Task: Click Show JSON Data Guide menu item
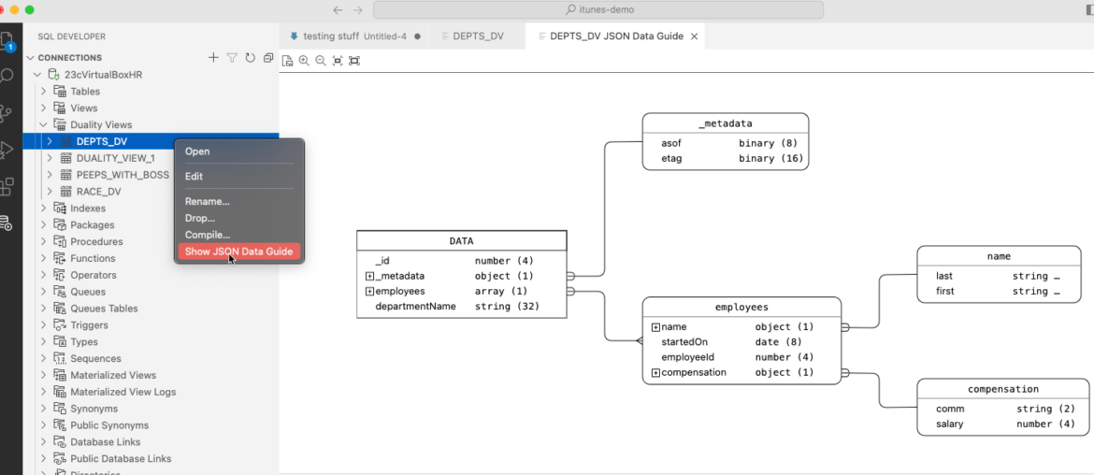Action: click(x=238, y=252)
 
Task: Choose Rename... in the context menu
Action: click(x=208, y=202)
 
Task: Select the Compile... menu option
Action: click(x=208, y=235)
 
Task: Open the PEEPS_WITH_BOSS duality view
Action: click(x=122, y=175)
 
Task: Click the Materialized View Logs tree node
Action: click(x=122, y=392)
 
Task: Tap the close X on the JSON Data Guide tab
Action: click(x=694, y=36)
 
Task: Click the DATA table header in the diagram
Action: click(x=461, y=241)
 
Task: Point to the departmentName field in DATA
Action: click(x=415, y=306)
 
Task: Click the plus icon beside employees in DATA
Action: click(x=369, y=292)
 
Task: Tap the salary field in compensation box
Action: click(x=950, y=425)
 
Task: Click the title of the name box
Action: click(x=1000, y=257)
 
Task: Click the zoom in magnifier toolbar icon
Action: click(x=304, y=61)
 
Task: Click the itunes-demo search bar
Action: click(x=597, y=9)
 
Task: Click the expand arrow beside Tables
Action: click(x=43, y=92)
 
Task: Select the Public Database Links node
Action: click(x=121, y=459)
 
